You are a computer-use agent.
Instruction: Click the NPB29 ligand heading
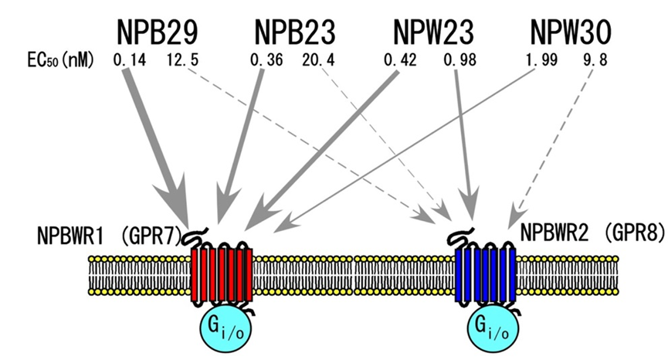coord(159,32)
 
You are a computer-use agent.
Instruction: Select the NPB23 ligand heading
coord(294,32)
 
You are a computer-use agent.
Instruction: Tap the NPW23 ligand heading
coord(433,32)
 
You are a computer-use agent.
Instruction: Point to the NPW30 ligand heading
coord(571,32)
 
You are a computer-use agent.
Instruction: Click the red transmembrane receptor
coord(222,275)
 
